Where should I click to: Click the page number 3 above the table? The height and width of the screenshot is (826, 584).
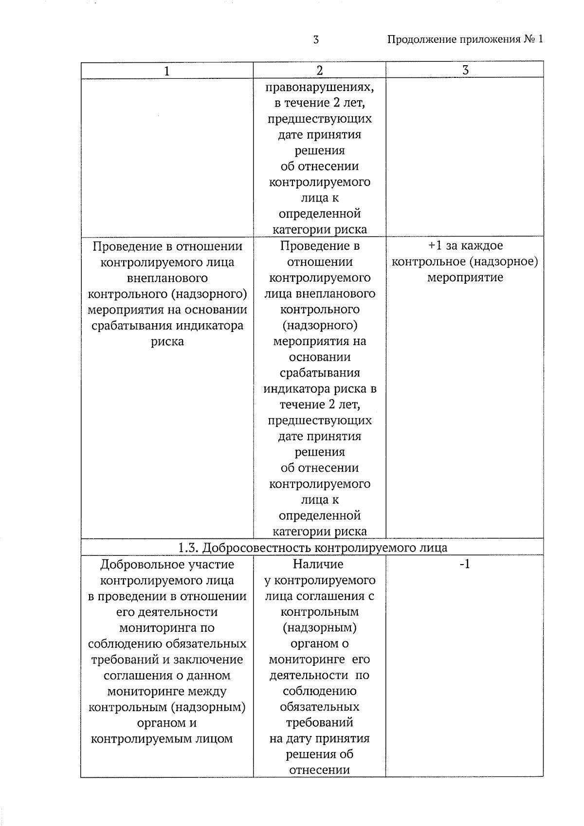(316, 40)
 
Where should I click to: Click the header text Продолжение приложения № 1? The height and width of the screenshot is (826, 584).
(465, 39)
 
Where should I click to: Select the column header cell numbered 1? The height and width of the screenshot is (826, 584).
(167, 71)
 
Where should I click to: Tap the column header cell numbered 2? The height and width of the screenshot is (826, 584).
(320, 71)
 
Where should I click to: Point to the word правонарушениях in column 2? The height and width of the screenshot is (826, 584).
(320, 88)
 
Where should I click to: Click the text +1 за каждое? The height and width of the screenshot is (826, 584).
(465, 246)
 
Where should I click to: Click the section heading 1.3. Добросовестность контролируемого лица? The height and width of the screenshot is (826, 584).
(312, 548)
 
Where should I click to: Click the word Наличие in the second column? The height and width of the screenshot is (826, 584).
(318, 564)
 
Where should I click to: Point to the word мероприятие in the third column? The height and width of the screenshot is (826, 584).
(465, 278)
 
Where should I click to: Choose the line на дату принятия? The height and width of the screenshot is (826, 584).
(319, 739)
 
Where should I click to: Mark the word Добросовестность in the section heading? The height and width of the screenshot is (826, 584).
(256, 548)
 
